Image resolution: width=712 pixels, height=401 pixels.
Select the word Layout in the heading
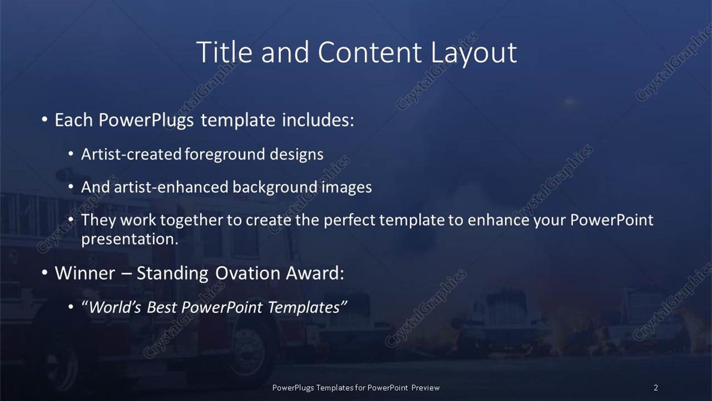473,53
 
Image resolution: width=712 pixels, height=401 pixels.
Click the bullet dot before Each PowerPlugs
44,120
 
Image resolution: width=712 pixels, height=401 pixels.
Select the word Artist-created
131,154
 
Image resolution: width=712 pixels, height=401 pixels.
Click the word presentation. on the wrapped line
130,239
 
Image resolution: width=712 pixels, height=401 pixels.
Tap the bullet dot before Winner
44,273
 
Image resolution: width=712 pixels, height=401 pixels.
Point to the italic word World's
114,307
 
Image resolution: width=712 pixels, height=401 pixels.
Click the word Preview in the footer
425,388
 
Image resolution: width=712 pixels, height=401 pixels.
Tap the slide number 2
656,388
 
